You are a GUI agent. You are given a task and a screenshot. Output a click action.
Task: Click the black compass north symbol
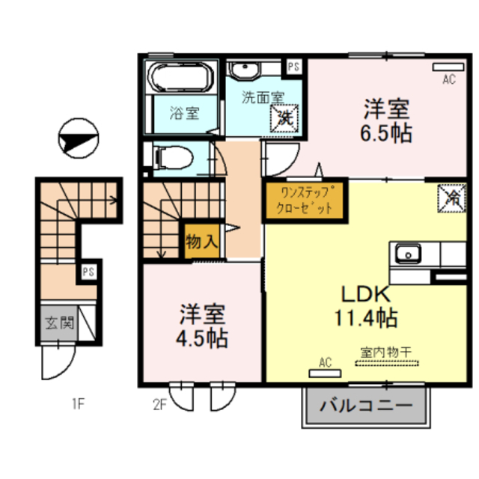pos(79,140)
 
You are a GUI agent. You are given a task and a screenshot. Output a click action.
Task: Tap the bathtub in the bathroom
pos(180,77)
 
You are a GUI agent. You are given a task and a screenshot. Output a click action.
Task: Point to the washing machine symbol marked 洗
pos(286,117)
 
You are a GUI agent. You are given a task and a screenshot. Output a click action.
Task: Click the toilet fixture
pos(171,158)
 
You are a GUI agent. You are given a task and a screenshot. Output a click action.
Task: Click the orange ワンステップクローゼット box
pos(305,201)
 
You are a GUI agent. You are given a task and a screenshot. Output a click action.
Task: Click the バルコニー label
pos(367,407)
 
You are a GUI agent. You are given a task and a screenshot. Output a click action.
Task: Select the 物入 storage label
pos(202,242)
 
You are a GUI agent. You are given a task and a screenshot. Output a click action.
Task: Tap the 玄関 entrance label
pos(57,324)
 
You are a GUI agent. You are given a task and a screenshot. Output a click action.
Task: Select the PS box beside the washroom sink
pos(293,66)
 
